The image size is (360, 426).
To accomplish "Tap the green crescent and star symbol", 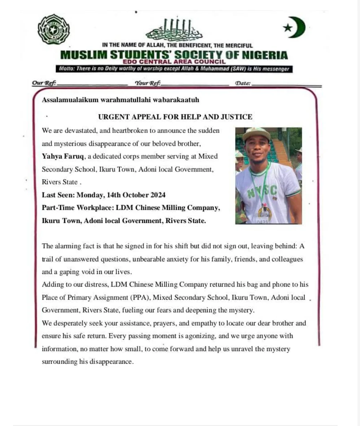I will (294, 27).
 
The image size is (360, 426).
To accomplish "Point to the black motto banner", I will (174, 69).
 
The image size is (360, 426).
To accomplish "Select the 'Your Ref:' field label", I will (148, 83).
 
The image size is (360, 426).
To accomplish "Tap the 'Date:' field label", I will (242, 83).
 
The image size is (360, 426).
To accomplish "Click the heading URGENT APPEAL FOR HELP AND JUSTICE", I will (175, 117).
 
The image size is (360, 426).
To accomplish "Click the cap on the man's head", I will (256, 133).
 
